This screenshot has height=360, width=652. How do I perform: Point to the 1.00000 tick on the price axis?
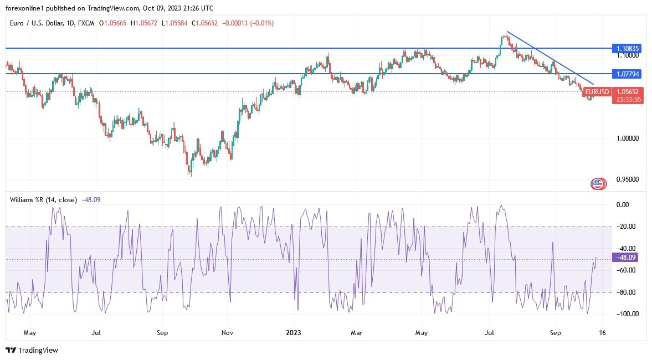(x=629, y=138)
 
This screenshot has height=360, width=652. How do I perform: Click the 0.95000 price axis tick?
(x=629, y=179)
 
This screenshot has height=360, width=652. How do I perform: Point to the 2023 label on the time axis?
(x=293, y=333)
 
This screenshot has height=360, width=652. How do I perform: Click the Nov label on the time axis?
(x=227, y=333)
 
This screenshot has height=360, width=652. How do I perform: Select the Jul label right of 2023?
(x=489, y=333)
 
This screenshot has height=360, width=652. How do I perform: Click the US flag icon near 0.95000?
(x=598, y=184)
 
